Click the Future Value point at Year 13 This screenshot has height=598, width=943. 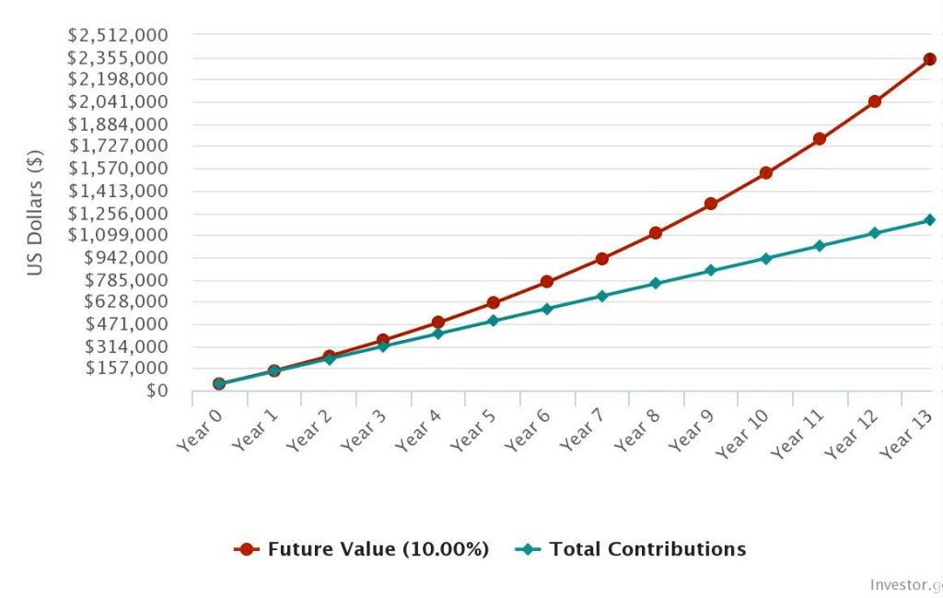point(929,59)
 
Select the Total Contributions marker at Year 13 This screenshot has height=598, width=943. point(929,220)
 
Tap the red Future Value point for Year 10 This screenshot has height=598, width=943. point(765,173)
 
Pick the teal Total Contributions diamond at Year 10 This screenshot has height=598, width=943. point(765,259)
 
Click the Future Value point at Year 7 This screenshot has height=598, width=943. point(601,259)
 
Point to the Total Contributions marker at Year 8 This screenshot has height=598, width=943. point(656,283)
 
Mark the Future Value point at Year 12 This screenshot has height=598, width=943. point(875,101)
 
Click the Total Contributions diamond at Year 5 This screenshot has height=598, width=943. point(493,321)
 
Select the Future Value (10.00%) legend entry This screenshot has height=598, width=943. point(362,549)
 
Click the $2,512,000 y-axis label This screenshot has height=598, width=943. point(118,35)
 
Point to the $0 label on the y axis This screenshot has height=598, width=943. point(156,391)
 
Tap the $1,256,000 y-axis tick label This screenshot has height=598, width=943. point(118,213)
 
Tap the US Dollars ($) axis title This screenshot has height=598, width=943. point(35,213)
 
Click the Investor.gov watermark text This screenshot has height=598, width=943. point(906,585)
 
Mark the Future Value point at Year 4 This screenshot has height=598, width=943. point(437,322)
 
